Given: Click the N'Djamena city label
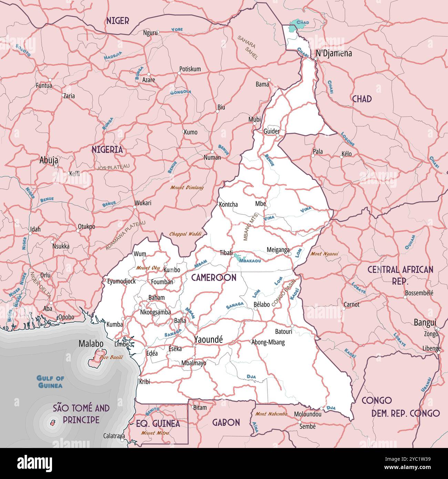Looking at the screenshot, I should (x=334, y=53).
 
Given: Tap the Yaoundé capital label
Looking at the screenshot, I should (x=208, y=339).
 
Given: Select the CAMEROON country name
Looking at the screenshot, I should (x=214, y=277).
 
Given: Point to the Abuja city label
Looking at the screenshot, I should (x=49, y=160).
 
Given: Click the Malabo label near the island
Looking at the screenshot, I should (x=91, y=344).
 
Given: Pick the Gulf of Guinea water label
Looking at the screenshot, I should (x=50, y=382).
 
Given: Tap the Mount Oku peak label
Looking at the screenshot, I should (x=148, y=268).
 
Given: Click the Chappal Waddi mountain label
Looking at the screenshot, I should (x=185, y=234).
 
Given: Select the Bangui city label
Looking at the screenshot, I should (x=425, y=323).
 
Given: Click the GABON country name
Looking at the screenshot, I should (x=226, y=422).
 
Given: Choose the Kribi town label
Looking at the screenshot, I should (x=144, y=381).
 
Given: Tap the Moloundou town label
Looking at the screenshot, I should (x=307, y=414).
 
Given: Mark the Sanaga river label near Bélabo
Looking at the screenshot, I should (x=235, y=305).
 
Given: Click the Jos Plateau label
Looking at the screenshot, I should (x=113, y=167).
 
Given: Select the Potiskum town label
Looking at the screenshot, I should (x=190, y=69).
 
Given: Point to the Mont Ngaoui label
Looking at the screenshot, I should (x=325, y=254).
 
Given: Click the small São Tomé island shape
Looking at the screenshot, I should (x=53, y=423).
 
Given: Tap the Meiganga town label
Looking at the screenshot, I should (x=278, y=249).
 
